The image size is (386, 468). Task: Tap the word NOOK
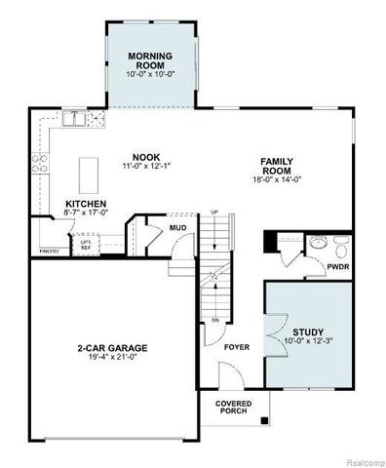(x=145, y=156)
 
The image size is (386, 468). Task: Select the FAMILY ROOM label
(x=277, y=166)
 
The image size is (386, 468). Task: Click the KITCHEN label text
(x=58, y=204)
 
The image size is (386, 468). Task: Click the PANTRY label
(x=48, y=253)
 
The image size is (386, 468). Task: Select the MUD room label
(x=178, y=228)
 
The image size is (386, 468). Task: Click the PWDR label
(x=338, y=264)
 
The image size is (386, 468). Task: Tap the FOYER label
(x=238, y=346)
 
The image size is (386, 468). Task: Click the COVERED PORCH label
(x=234, y=408)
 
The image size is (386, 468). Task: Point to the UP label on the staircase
(x=213, y=213)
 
